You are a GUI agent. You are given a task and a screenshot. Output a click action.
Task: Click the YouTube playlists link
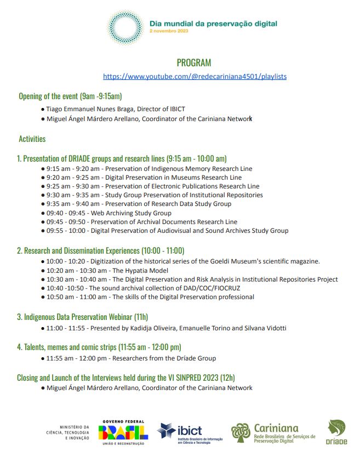[x=195, y=76]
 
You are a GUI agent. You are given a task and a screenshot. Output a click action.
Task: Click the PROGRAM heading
[x=193, y=62]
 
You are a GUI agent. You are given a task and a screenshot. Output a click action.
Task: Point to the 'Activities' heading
[x=32, y=139]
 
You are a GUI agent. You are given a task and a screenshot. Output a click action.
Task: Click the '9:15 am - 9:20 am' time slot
[x=73, y=169]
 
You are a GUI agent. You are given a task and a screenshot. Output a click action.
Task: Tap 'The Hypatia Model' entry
[x=140, y=271]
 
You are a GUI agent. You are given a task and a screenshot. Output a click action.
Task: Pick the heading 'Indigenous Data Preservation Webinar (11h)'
[x=82, y=317]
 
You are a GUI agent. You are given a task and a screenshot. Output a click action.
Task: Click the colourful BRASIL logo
[x=123, y=431]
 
